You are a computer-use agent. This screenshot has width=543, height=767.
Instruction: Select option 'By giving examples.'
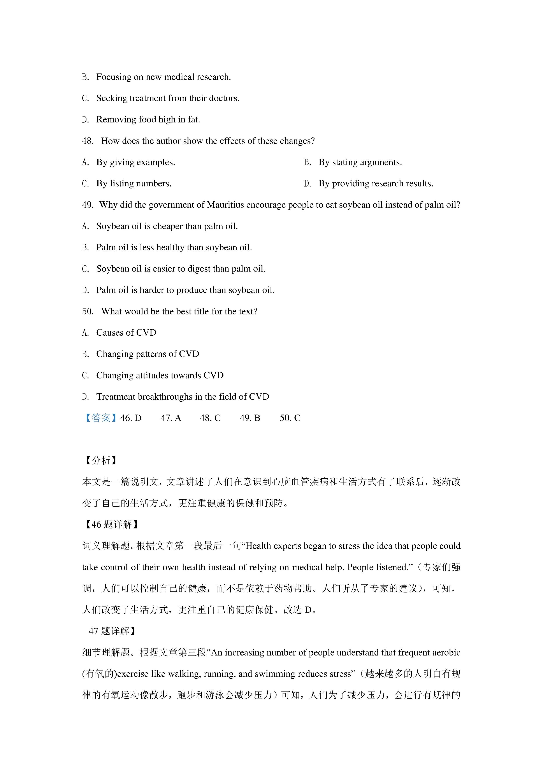[x=135, y=162]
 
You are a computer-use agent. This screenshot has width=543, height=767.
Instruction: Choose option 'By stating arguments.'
[x=360, y=162]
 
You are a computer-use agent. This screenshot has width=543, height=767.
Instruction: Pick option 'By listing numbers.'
[x=134, y=184]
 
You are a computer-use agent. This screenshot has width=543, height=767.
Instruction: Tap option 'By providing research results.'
[x=376, y=184]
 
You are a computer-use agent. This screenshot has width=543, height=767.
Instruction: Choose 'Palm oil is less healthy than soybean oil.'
[x=174, y=248]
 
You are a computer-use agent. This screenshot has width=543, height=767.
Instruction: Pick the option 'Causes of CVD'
[x=126, y=333]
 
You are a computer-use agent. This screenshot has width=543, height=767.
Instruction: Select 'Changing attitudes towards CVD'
[x=160, y=375]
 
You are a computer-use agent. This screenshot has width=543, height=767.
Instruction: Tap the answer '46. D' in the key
[x=131, y=418]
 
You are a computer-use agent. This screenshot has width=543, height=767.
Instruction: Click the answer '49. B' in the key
[x=250, y=418]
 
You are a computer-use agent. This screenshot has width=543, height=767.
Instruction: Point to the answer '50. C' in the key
[x=290, y=418]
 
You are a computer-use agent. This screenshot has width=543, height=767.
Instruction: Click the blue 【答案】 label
[x=100, y=418]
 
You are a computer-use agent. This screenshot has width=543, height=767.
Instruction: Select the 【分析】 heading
[x=100, y=461]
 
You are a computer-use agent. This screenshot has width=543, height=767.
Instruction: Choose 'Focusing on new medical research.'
[x=163, y=77]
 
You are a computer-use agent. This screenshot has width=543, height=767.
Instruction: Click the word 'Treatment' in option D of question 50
[x=116, y=397]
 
